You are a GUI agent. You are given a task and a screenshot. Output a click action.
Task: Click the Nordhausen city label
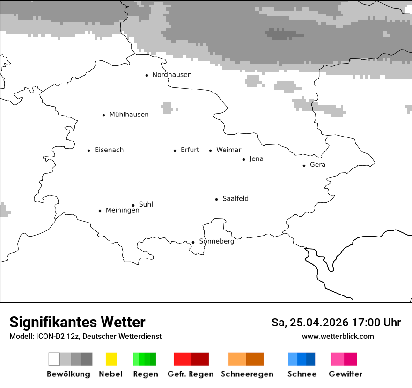coord(172,75)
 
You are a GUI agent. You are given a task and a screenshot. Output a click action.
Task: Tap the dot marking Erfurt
coord(175,151)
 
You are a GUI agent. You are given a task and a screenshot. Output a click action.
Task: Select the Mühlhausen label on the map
coord(129,115)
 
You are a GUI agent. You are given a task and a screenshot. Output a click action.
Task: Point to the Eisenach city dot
coord(88,151)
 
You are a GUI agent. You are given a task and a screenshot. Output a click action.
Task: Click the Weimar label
coord(228,150)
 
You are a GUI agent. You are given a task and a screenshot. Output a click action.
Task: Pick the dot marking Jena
coord(243,159)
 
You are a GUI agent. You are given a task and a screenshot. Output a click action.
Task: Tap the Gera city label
coord(317,165)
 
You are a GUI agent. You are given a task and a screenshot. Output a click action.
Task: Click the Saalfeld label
coord(235,199)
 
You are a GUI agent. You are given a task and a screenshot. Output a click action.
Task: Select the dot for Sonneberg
coord(193,242)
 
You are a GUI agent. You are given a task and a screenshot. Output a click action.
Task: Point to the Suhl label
coord(146,204)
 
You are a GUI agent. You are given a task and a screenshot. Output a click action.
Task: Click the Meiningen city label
coord(122,211)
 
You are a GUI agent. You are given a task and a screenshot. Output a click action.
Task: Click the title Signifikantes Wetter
coord(77,323)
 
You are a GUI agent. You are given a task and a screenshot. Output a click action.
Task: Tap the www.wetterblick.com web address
coord(338,336)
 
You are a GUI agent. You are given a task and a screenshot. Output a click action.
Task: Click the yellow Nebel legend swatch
coord(111,359)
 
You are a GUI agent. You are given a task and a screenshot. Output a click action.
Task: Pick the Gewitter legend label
coord(345,374)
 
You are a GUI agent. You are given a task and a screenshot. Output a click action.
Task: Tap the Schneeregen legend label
coord(247,374)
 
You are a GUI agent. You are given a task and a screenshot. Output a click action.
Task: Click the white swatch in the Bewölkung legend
coord(54,359)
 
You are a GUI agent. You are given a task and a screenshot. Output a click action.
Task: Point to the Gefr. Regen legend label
coord(190,374)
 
